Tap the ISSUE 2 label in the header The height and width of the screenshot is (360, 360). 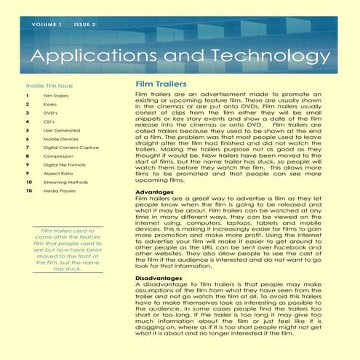tap(84, 24)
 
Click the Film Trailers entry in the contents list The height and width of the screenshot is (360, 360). tap(57, 95)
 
